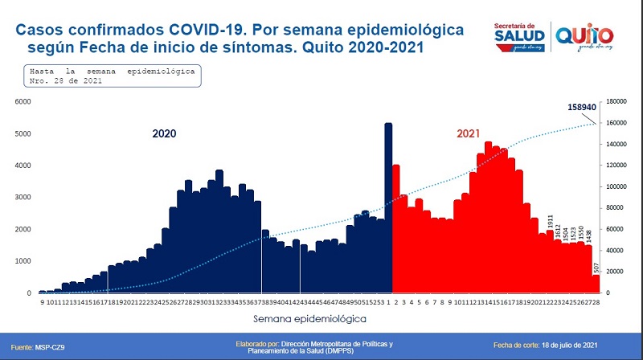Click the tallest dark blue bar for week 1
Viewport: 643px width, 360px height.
[x=388, y=209]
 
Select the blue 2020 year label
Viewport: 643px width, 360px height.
[x=164, y=134]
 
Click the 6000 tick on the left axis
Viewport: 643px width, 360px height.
[x=22, y=102]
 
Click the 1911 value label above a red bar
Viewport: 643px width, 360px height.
[x=551, y=221]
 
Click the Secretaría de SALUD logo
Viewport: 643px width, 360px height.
[x=518, y=34]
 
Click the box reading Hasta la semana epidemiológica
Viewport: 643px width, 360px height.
[x=112, y=76]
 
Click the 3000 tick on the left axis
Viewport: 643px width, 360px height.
[x=22, y=197]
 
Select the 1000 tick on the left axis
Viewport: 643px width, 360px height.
[x=22, y=261]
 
